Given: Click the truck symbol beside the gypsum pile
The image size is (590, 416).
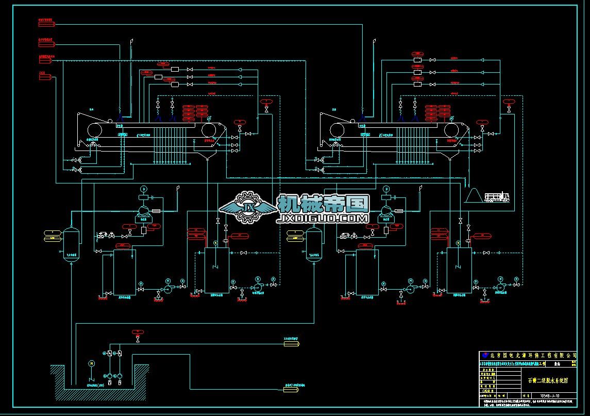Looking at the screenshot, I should [x=497, y=197].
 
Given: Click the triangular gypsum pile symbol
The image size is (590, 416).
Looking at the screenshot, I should [x=473, y=196].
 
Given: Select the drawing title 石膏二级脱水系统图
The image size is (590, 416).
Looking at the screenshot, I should [x=547, y=380].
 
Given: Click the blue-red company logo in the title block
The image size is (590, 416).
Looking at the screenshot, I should [x=484, y=356].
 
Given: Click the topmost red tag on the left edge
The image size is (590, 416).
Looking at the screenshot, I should [x=46, y=23].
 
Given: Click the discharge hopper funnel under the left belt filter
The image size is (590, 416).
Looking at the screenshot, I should [x=207, y=156].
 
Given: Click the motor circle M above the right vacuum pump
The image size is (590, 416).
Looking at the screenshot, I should [x=385, y=189].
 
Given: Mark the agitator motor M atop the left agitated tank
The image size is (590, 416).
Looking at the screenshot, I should [x=215, y=242].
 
